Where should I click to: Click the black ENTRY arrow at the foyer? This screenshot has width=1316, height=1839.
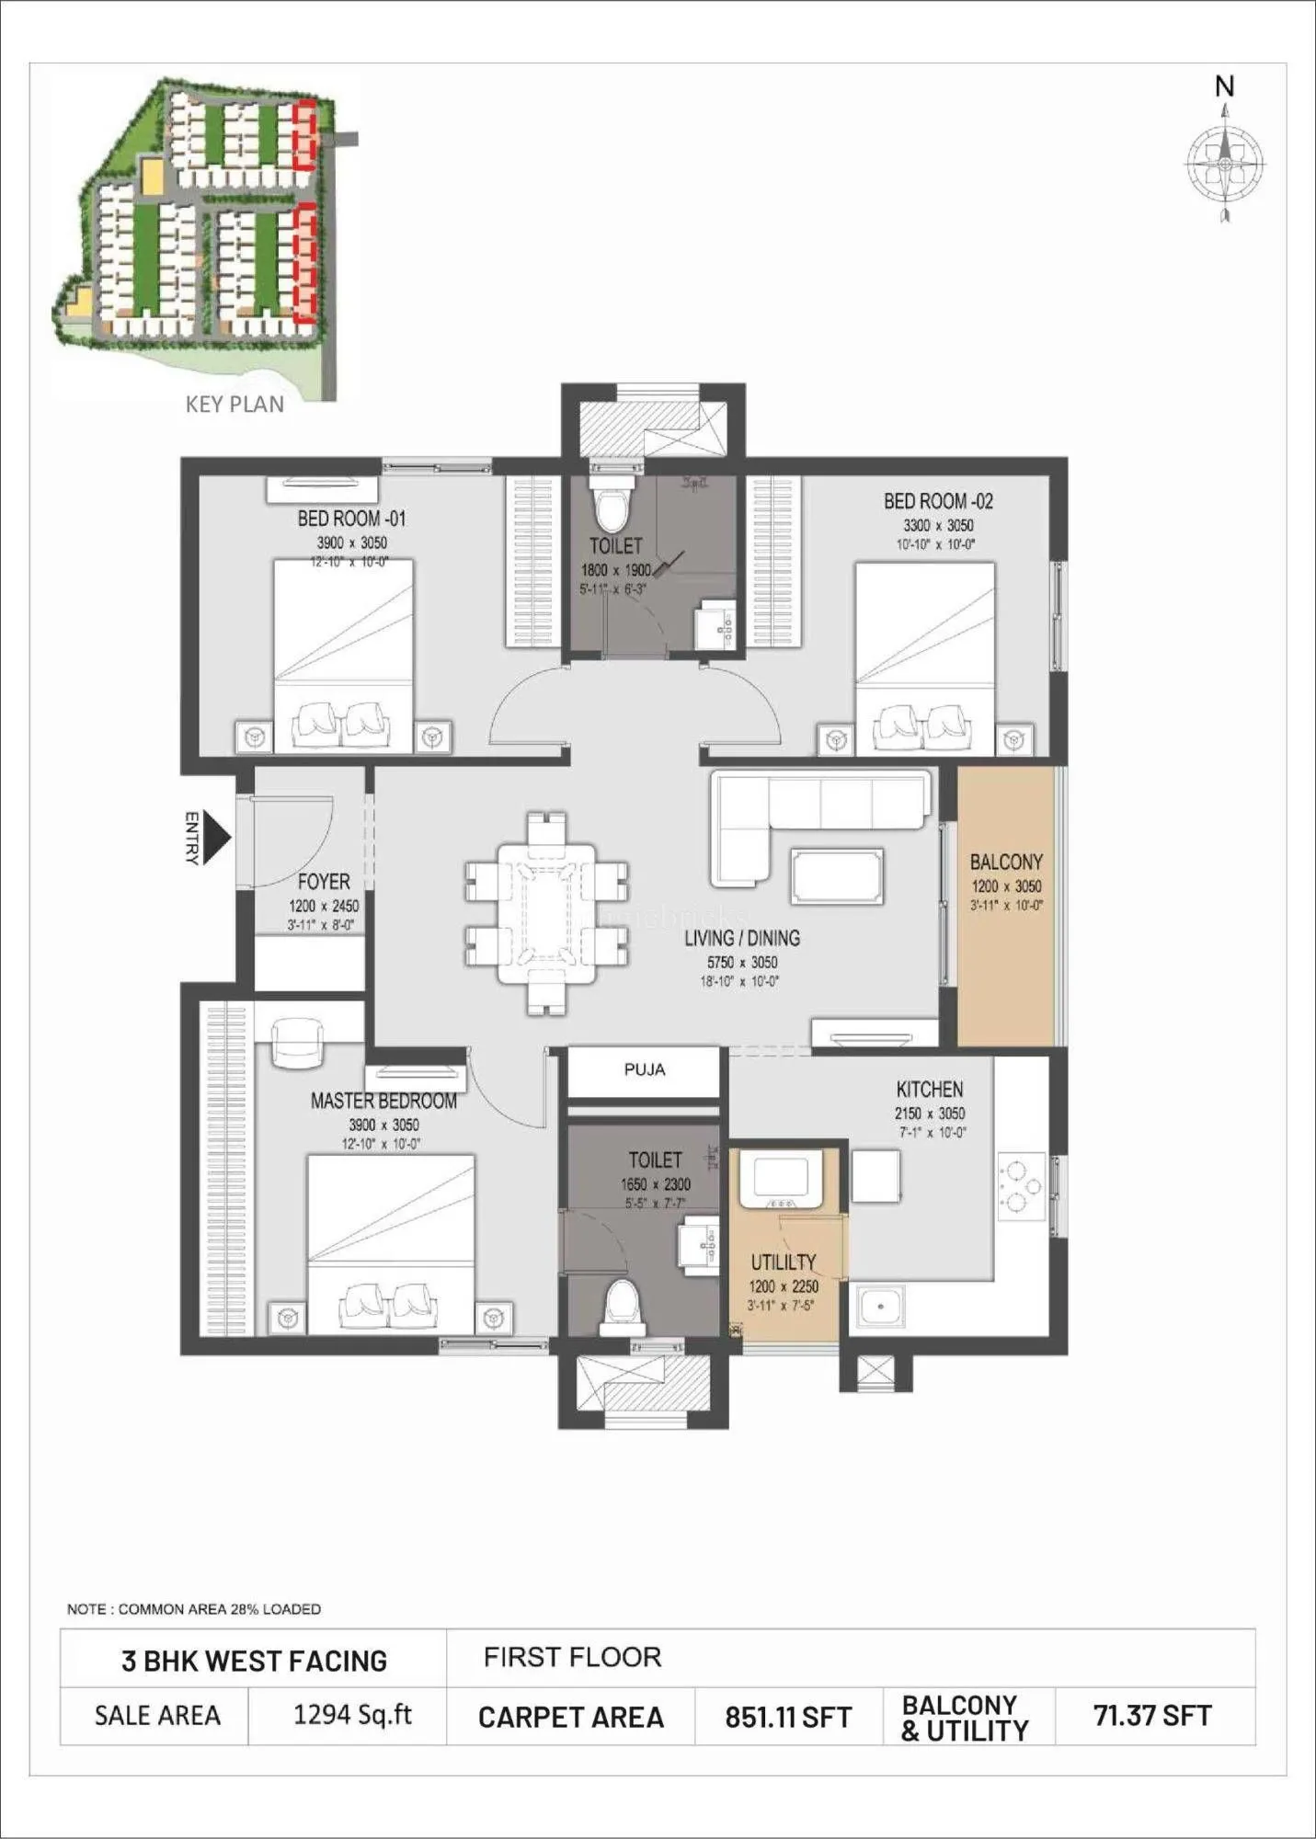[215, 837]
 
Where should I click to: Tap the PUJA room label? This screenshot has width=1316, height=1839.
[644, 1069]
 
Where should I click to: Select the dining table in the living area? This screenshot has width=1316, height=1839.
[546, 913]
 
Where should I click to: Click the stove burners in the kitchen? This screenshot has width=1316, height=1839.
[1020, 1186]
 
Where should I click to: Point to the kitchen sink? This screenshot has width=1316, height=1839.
[880, 1306]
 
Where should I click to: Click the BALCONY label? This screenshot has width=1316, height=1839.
[1006, 862]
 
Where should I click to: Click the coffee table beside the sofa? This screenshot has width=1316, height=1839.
[837, 876]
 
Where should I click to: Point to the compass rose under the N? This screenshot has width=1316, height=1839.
[1224, 164]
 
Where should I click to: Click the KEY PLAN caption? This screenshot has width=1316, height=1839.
[235, 405]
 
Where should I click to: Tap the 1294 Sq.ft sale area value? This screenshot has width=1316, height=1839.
[352, 1714]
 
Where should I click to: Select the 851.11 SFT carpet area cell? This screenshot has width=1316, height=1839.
[788, 1717]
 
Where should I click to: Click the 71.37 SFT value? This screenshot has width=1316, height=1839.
[1152, 1715]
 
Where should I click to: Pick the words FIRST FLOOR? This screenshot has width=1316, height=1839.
[572, 1657]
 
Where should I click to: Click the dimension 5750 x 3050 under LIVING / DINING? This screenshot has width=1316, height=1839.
[741, 962]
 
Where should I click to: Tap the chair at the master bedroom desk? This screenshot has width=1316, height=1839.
[299, 1042]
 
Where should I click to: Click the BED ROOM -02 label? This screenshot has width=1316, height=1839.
[938, 501]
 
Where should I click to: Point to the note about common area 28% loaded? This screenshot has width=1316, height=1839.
[194, 1609]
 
